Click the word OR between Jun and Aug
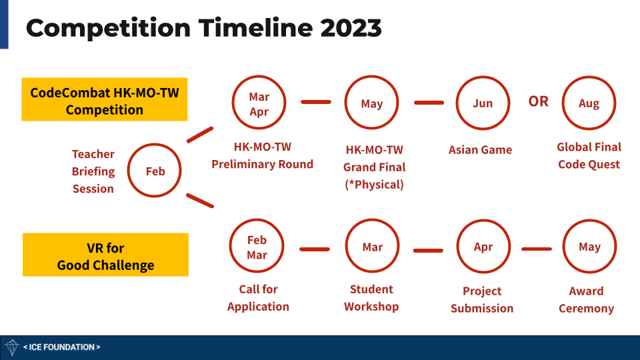click(x=539, y=101)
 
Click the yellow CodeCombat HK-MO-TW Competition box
click(x=105, y=99)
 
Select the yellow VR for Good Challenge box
click(x=105, y=255)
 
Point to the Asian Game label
click(x=481, y=150)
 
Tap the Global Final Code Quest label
click(x=589, y=155)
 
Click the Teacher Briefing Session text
click(x=93, y=171)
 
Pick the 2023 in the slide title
click(x=351, y=28)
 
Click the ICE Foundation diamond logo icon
click(x=12, y=347)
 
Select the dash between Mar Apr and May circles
click(x=316, y=102)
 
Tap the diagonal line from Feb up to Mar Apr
click(x=200, y=135)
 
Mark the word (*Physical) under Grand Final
click(x=374, y=185)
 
